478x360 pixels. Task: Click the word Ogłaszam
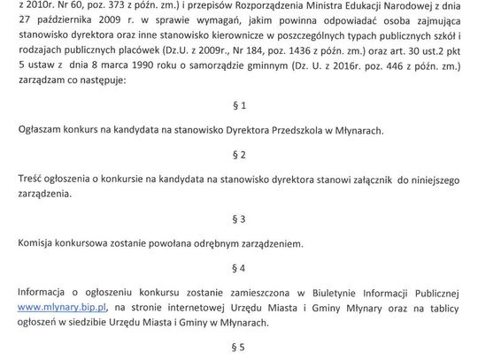click(x=41, y=130)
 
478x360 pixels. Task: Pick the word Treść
click(x=31, y=179)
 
